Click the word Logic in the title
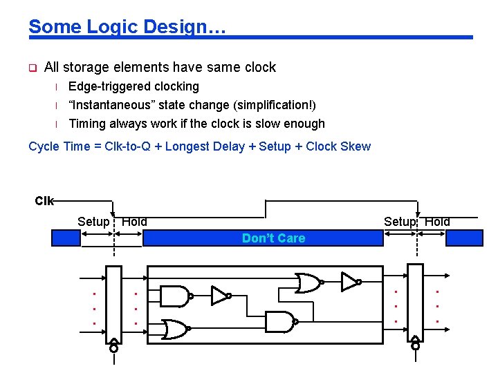pyautogui.click(x=127, y=27)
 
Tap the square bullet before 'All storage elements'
pyautogui.click(x=32, y=68)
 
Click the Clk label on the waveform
pyautogui.click(x=44, y=201)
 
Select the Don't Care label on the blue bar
pyautogui.click(x=273, y=238)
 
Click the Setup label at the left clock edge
pyautogui.click(x=93, y=222)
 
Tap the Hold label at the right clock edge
pyautogui.click(x=437, y=222)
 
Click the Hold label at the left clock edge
pyautogui.click(x=134, y=222)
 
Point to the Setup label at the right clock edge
pyautogui.click(x=400, y=222)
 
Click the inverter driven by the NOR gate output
pyautogui.click(x=349, y=281)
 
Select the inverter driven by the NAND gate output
pyautogui.click(x=220, y=296)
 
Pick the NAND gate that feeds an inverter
pyautogui.click(x=175, y=296)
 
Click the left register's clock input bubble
pyautogui.click(x=113, y=349)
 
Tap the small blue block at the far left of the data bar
pyautogui.click(x=66, y=238)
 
